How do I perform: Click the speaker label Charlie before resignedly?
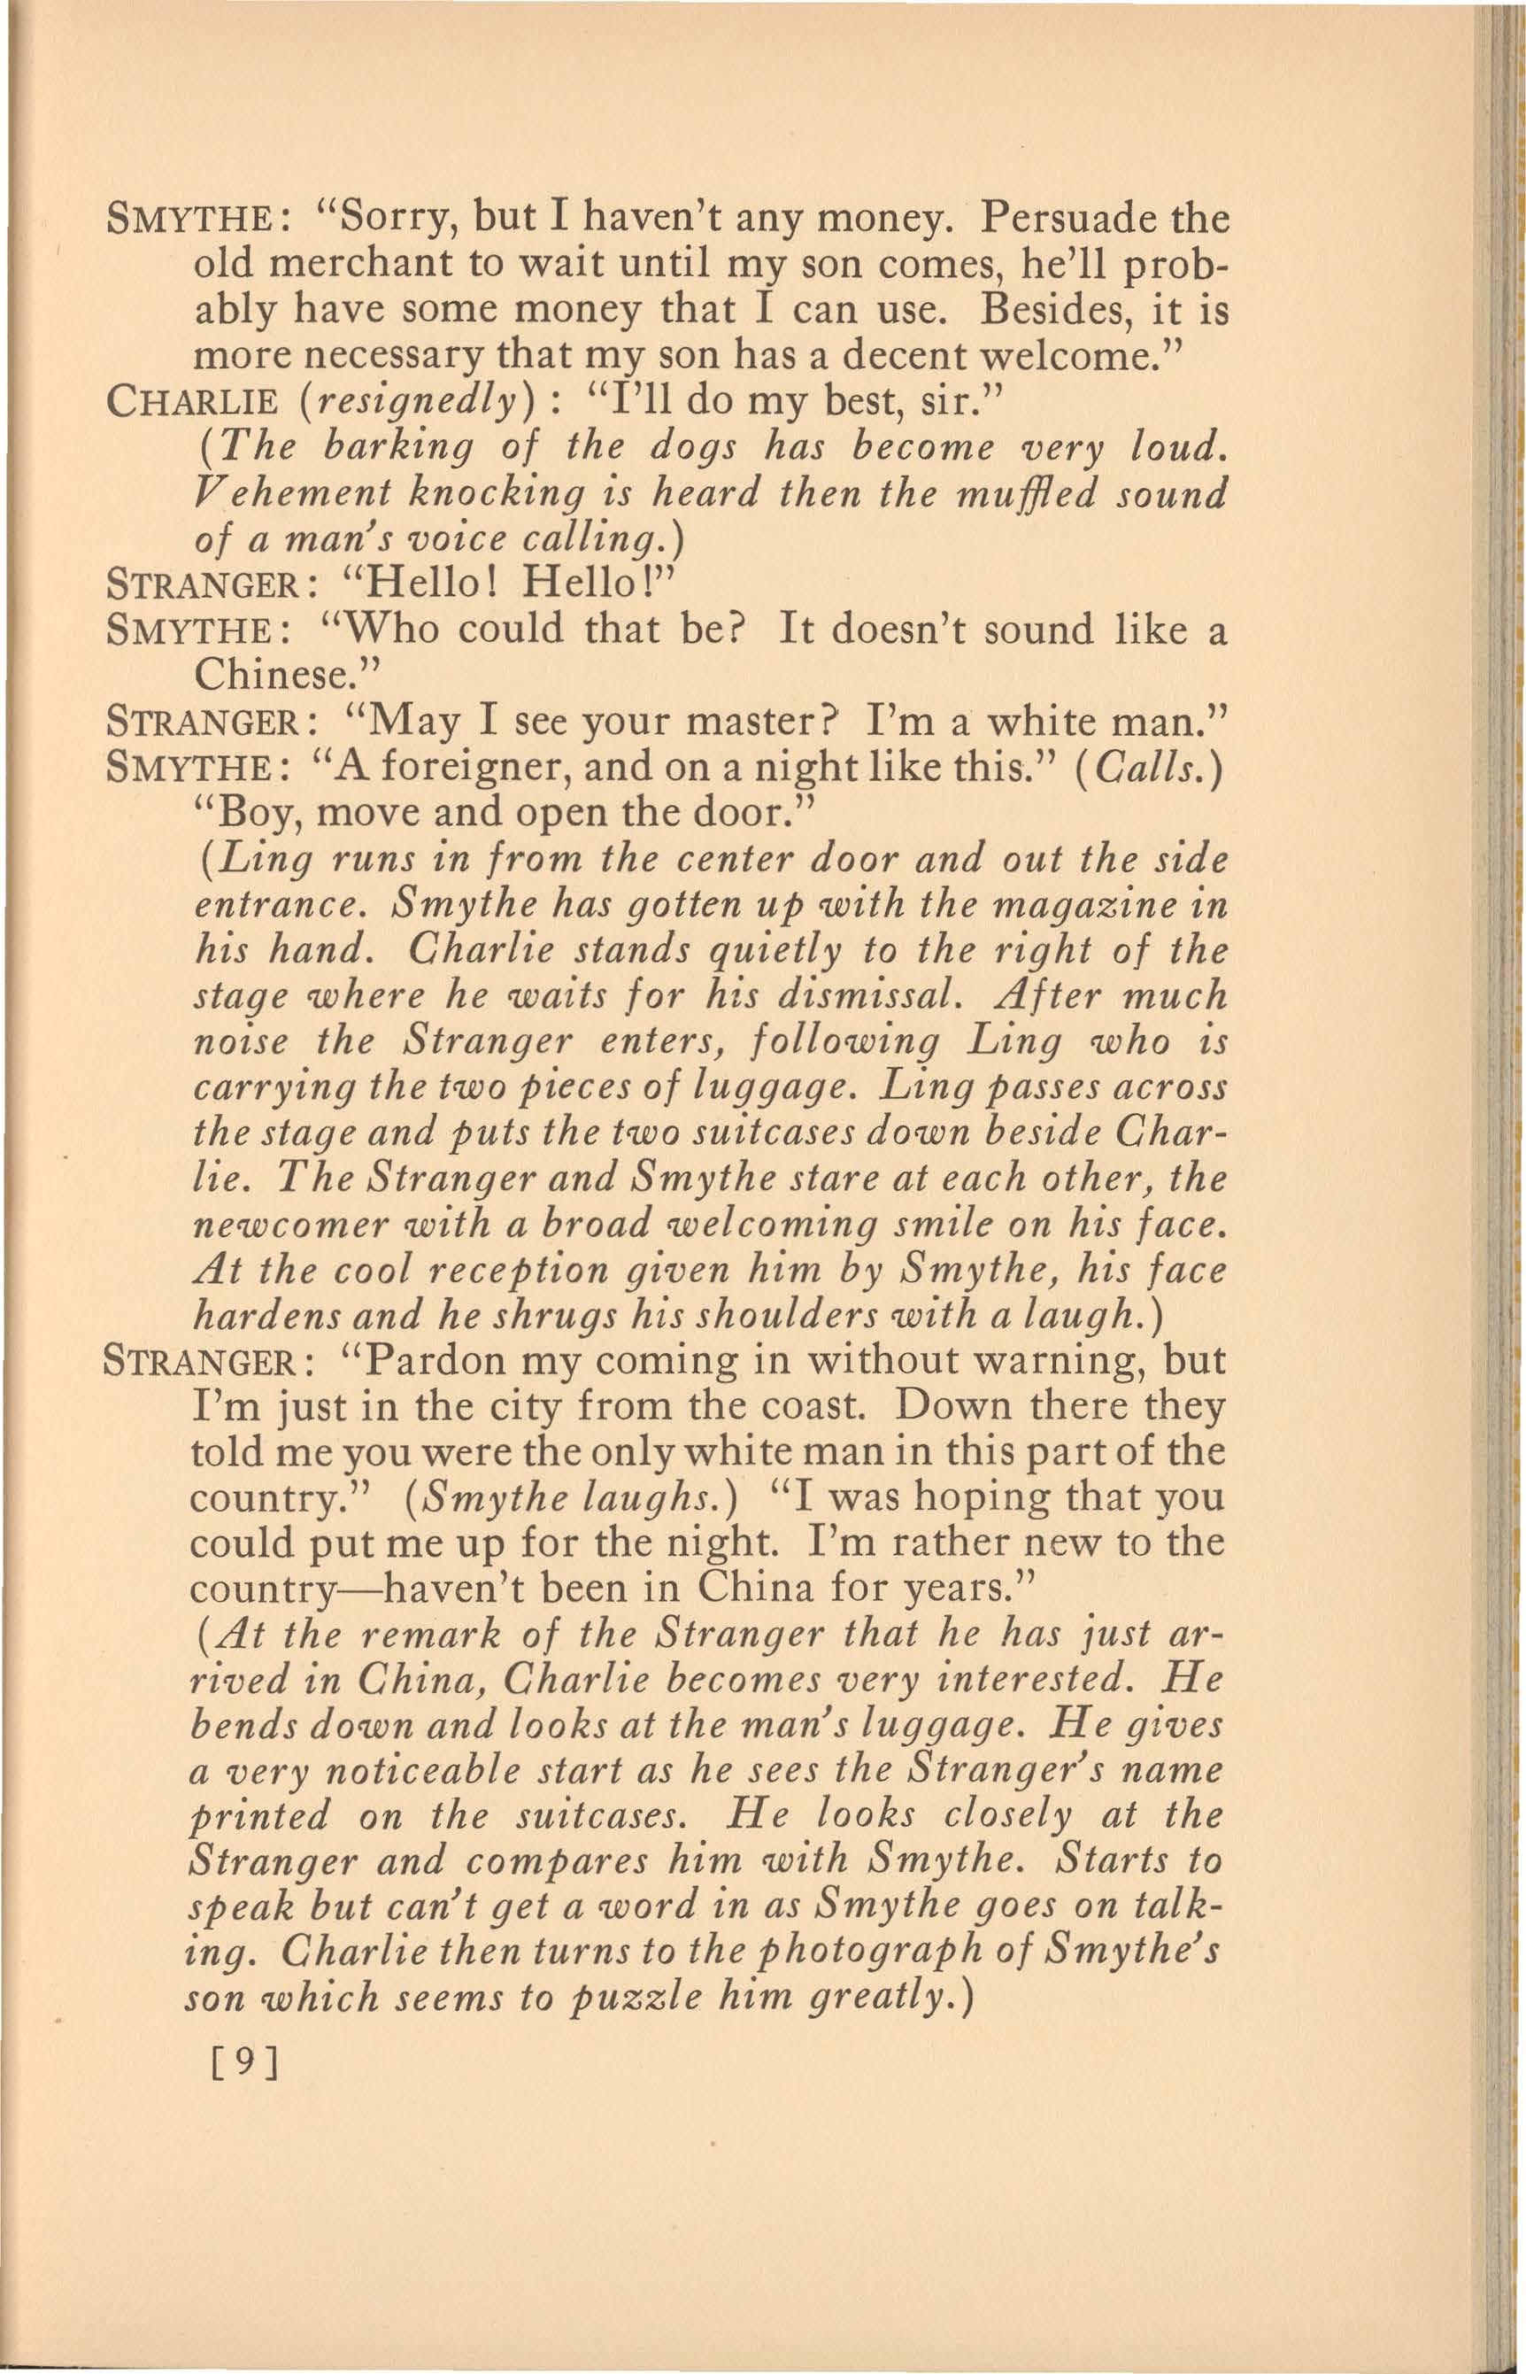click(189, 401)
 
